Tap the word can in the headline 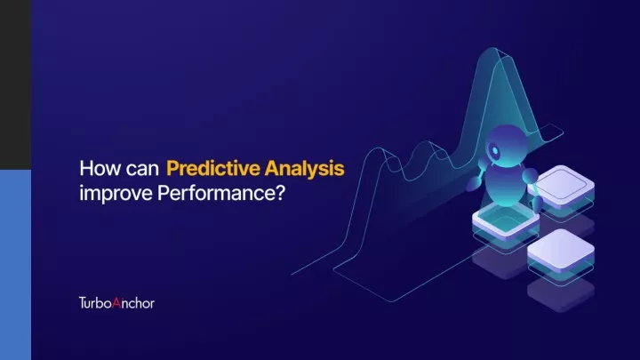click(x=142, y=170)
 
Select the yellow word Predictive click(x=213, y=168)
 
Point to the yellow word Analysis click(x=305, y=169)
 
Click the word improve click(x=116, y=194)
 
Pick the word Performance click(x=216, y=193)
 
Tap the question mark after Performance click(x=280, y=193)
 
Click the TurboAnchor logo click(x=116, y=303)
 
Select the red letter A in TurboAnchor click(x=116, y=303)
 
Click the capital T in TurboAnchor click(x=83, y=303)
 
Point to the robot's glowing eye click(x=495, y=150)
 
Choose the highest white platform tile click(x=561, y=185)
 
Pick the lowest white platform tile click(x=561, y=251)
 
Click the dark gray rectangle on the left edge click(x=15, y=85)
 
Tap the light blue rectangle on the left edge click(x=15, y=265)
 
